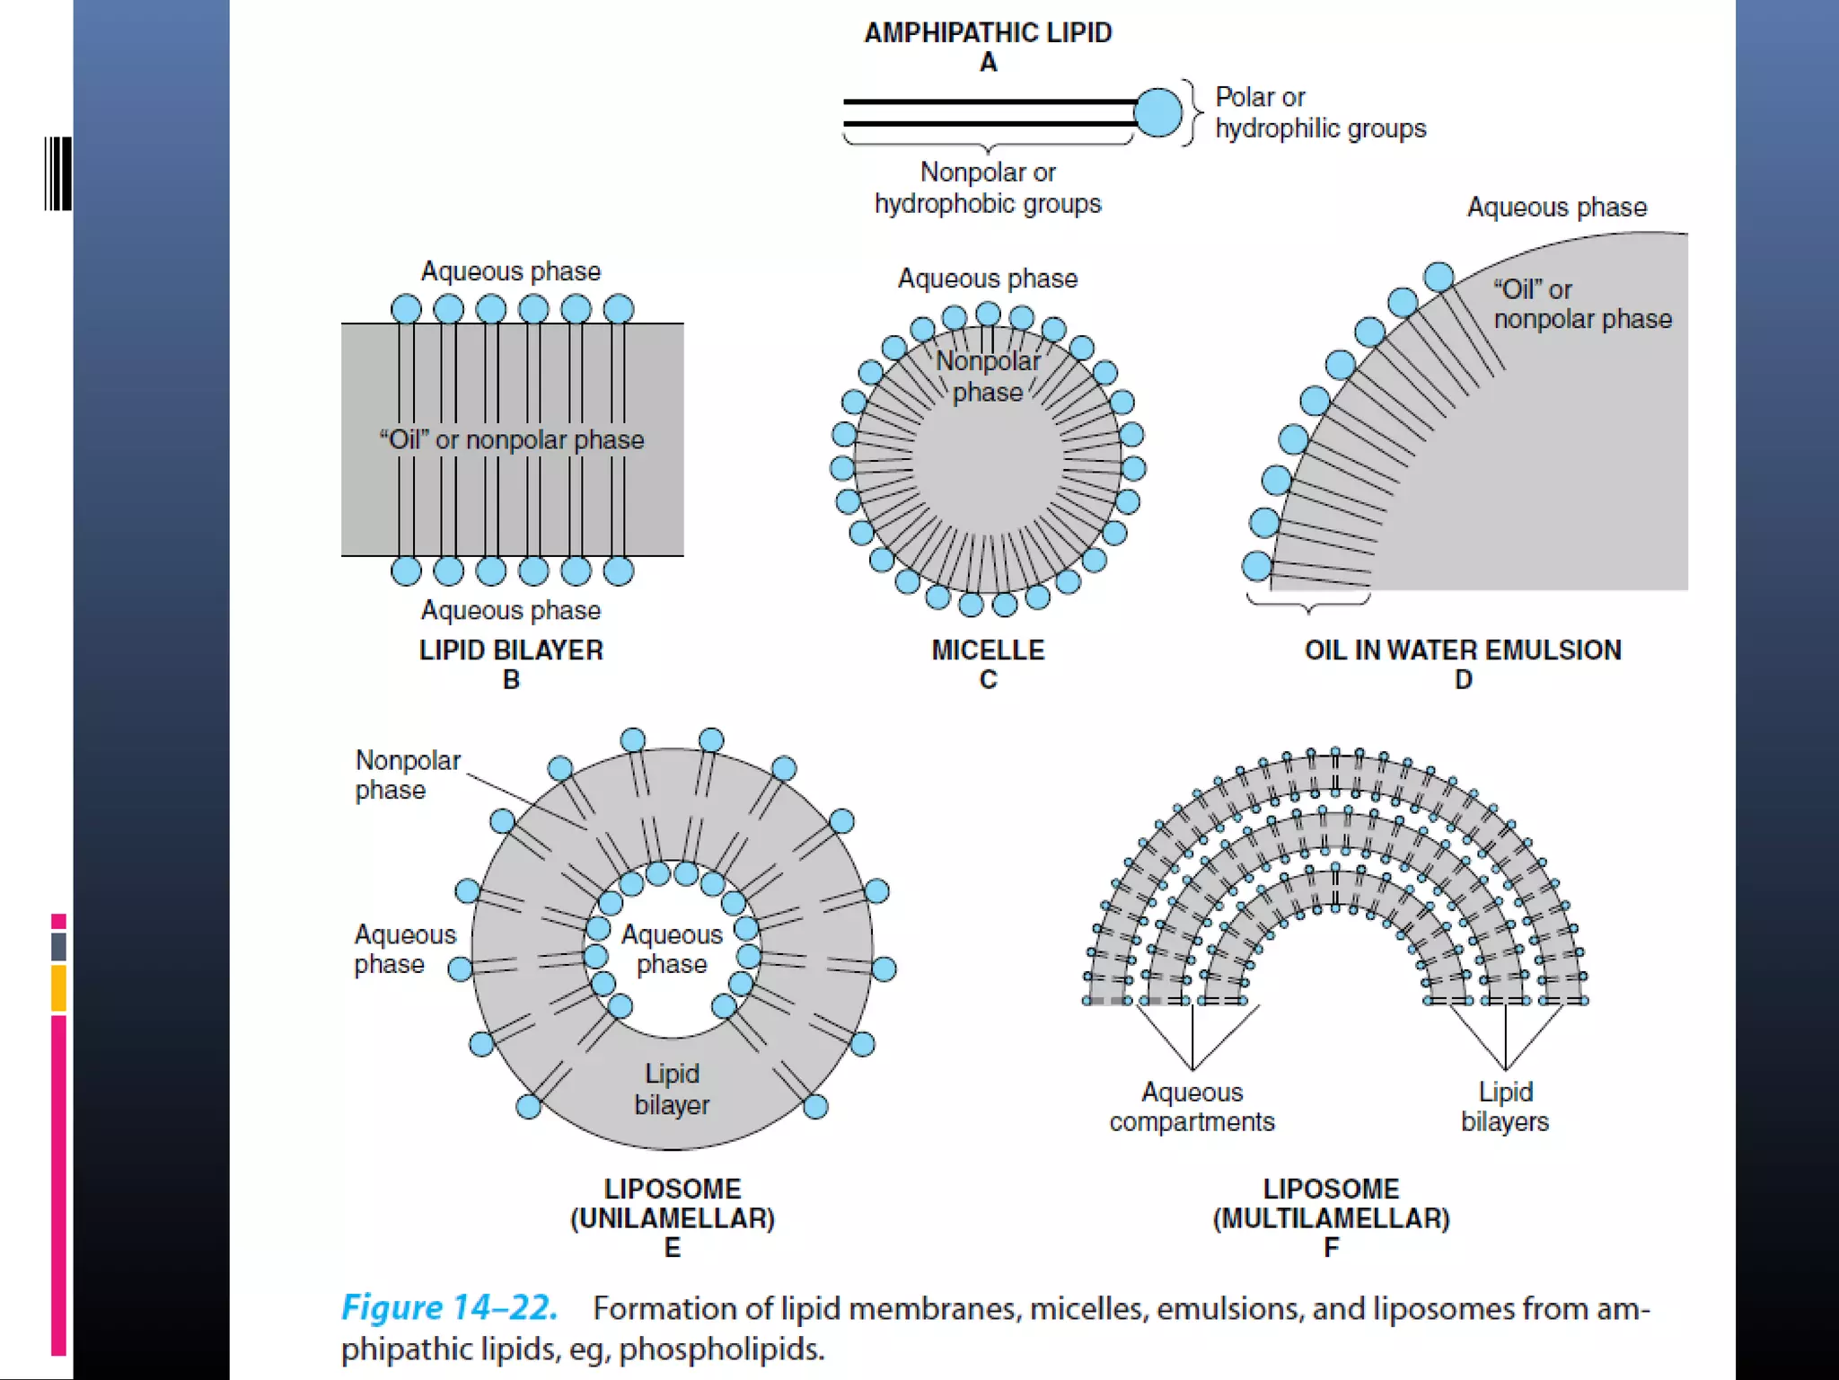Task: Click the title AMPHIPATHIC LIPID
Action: click(x=988, y=33)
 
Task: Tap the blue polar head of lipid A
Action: click(x=1157, y=112)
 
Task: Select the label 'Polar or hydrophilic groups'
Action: click(x=1319, y=112)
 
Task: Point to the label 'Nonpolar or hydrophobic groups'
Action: click(x=988, y=188)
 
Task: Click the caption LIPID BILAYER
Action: click(x=511, y=650)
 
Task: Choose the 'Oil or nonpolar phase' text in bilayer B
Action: click(x=511, y=439)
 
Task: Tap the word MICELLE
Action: click(x=988, y=650)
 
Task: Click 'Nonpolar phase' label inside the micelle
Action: click(x=988, y=376)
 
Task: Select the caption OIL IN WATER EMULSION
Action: click(x=1463, y=650)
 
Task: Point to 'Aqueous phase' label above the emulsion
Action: click(x=1556, y=208)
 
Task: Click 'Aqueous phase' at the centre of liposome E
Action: click(x=672, y=949)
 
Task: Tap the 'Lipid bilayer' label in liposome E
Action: click(x=672, y=1089)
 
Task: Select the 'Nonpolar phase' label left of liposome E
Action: click(x=407, y=774)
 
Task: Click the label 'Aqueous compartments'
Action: click(x=1192, y=1107)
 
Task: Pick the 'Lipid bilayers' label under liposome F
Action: click(x=1505, y=1107)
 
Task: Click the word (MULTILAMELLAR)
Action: click(x=1331, y=1218)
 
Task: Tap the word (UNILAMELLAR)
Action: click(x=672, y=1218)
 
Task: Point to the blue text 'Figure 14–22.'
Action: click(x=449, y=1307)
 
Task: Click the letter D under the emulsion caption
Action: click(x=1463, y=680)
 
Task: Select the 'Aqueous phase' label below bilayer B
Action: click(x=511, y=610)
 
